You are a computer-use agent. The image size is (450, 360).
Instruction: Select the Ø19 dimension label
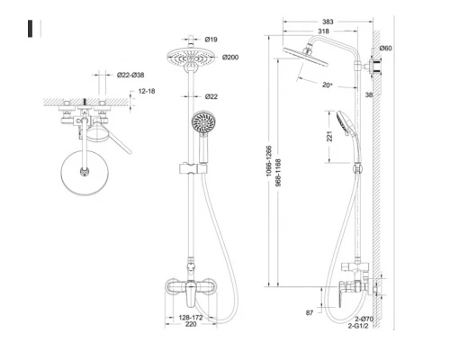click(x=213, y=40)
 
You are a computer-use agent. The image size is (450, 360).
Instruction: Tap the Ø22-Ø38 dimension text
click(x=132, y=76)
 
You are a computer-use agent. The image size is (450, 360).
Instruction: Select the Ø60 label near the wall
click(x=385, y=48)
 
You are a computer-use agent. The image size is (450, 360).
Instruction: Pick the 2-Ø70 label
click(x=364, y=320)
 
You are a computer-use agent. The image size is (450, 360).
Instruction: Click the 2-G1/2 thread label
click(x=364, y=329)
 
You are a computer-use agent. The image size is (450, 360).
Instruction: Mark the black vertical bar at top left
click(x=33, y=28)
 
